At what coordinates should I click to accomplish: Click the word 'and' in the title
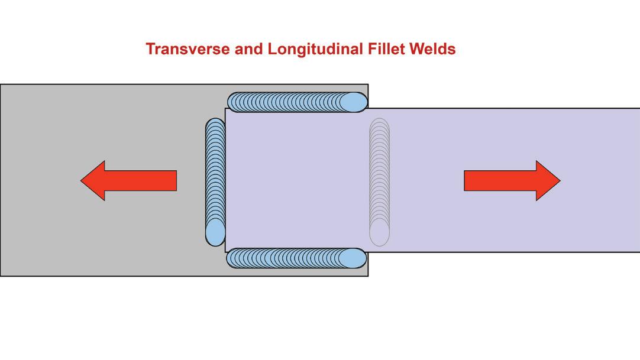click(248, 49)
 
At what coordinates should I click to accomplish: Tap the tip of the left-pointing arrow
click(82, 180)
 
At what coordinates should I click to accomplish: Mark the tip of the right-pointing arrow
click(560, 180)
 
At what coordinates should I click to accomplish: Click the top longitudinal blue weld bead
click(296, 102)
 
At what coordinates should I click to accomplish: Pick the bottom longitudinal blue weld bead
click(296, 258)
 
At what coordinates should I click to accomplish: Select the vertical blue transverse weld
click(215, 182)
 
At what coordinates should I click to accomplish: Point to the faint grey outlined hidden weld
click(379, 182)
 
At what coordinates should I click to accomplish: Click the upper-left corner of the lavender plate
click(226, 109)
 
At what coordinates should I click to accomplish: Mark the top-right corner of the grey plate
click(368, 85)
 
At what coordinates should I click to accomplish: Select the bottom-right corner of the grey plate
click(368, 275)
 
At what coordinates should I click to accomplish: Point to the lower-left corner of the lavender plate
click(226, 252)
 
